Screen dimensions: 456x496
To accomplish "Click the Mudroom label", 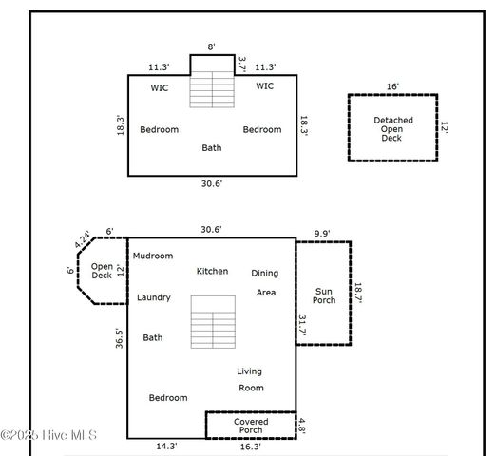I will pyautogui.click(x=153, y=256).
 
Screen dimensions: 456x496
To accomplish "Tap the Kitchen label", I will pyautogui.click(x=212, y=271).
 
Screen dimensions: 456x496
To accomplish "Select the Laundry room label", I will pyautogui.click(x=153, y=297).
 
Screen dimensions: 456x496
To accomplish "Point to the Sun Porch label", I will pyautogui.click(x=325, y=294).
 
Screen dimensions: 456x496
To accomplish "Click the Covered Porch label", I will pyautogui.click(x=251, y=426).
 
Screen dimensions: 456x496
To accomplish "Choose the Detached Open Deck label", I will pyautogui.click(x=393, y=128).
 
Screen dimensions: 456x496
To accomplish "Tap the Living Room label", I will pyautogui.click(x=250, y=379).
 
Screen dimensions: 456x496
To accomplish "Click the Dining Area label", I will pyautogui.click(x=265, y=282).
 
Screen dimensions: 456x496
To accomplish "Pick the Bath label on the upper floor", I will pyautogui.click(x=212, y=147).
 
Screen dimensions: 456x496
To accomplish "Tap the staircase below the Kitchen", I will pyautogui.click(x=212, y=321).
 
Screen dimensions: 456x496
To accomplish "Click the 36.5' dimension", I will pyautogui.click(x=119, y=340).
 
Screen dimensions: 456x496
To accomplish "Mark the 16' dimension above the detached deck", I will pyautogui.click(x=392, y=86).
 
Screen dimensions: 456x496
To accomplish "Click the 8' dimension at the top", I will pyautogui.click(x=212, y=45).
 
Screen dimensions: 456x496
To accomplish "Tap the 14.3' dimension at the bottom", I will pyautogui.click(x=166, y=445).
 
